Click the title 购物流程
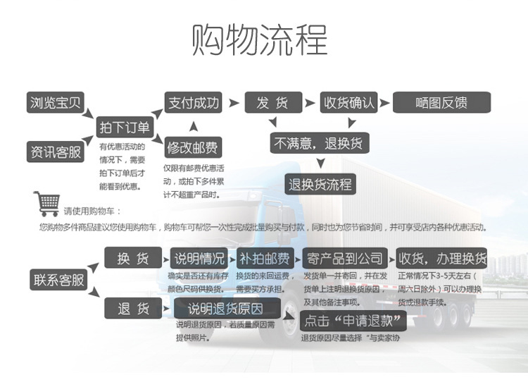(260, 40)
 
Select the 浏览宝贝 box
(56, 103)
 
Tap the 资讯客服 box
(56, 151)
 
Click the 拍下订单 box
(125, 127)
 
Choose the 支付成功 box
(193, 103)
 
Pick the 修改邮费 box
(193, 148)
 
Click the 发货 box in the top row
(272, 103)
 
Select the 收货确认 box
(349, 103)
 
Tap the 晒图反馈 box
(441, 103)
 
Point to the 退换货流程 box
(320, 185)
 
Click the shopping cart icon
(46, 203)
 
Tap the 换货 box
(134, 259)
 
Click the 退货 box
(134, 308)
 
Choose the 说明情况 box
(200, 259)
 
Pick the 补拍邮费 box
(265, 259)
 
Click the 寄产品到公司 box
(344, 259)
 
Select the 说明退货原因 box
(226, 308)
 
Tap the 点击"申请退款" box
(354, 321)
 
